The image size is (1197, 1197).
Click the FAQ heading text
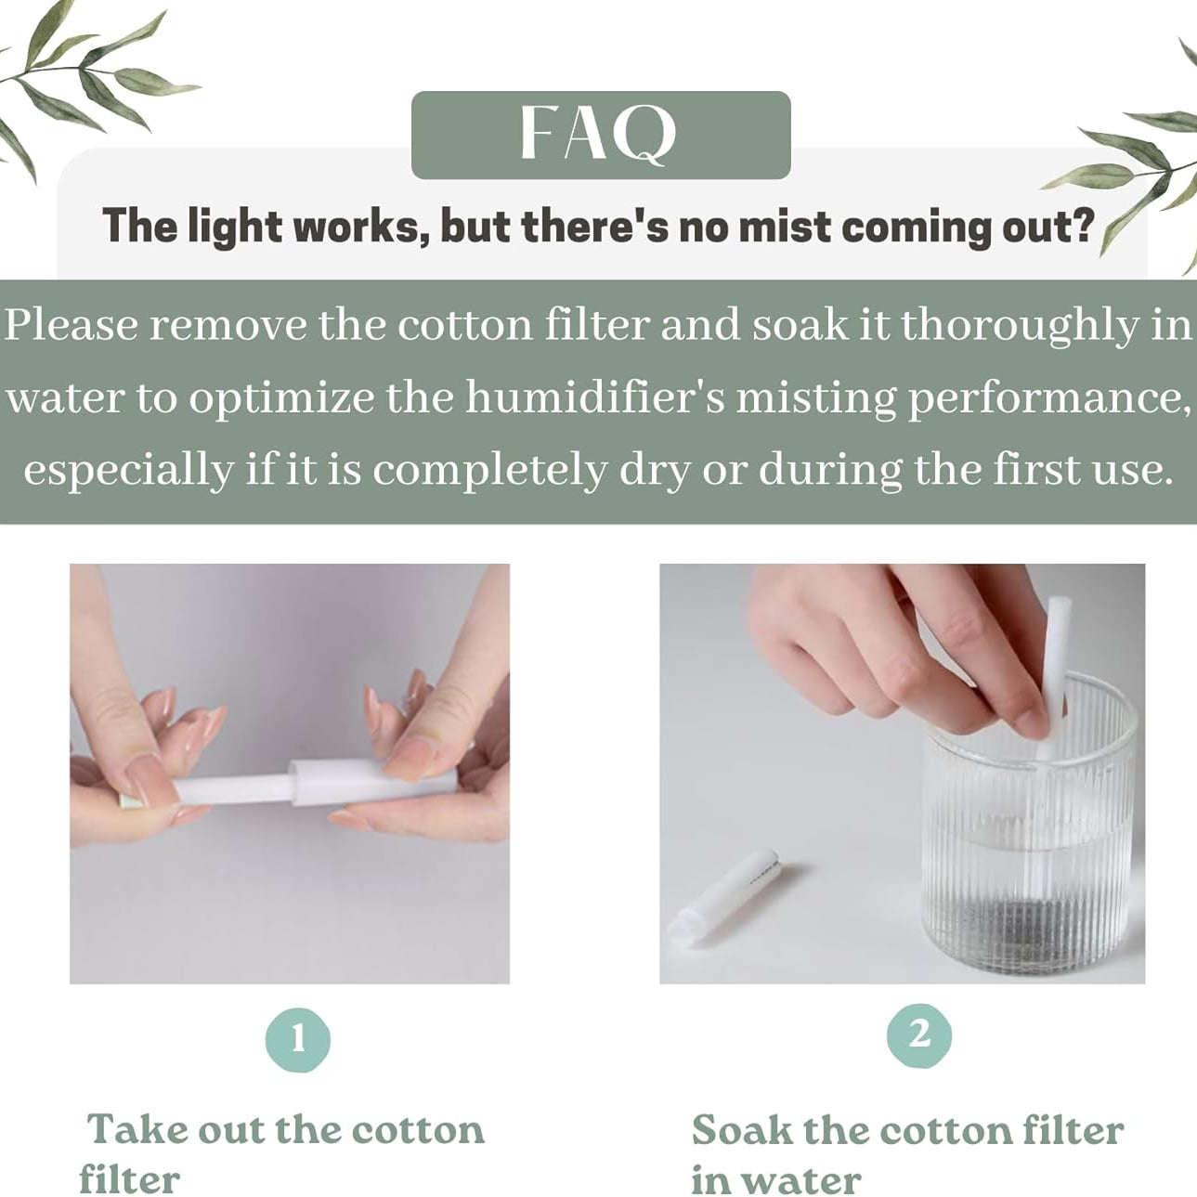click(599, 135)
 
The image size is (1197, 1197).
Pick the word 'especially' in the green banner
click(127, 469)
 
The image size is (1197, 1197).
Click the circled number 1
click(297, 1038)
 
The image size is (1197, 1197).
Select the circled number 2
click(918, 1034)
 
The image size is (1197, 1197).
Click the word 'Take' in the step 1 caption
click(136, 1130)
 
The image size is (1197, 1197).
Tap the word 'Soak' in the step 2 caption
click(741, 1130)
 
